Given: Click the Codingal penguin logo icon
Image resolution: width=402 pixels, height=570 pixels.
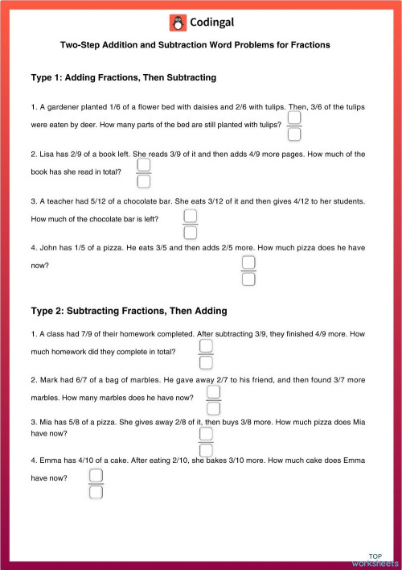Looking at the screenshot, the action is [x=178, y=22].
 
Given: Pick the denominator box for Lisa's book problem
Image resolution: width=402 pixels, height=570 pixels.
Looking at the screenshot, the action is [x=144, y=181].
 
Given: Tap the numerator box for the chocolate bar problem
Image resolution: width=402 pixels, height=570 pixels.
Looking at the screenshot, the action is [x=191, y=217].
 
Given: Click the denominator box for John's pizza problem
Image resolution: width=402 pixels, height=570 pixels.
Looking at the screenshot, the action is [x=248, y=279].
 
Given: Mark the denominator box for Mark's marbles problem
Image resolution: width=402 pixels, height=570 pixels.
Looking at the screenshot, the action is [x=214, y=407].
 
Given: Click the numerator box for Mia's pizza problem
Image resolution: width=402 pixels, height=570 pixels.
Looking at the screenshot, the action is [x=206, y=435].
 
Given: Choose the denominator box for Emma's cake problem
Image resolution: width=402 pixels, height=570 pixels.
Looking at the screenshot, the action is [x=96, y=491].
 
